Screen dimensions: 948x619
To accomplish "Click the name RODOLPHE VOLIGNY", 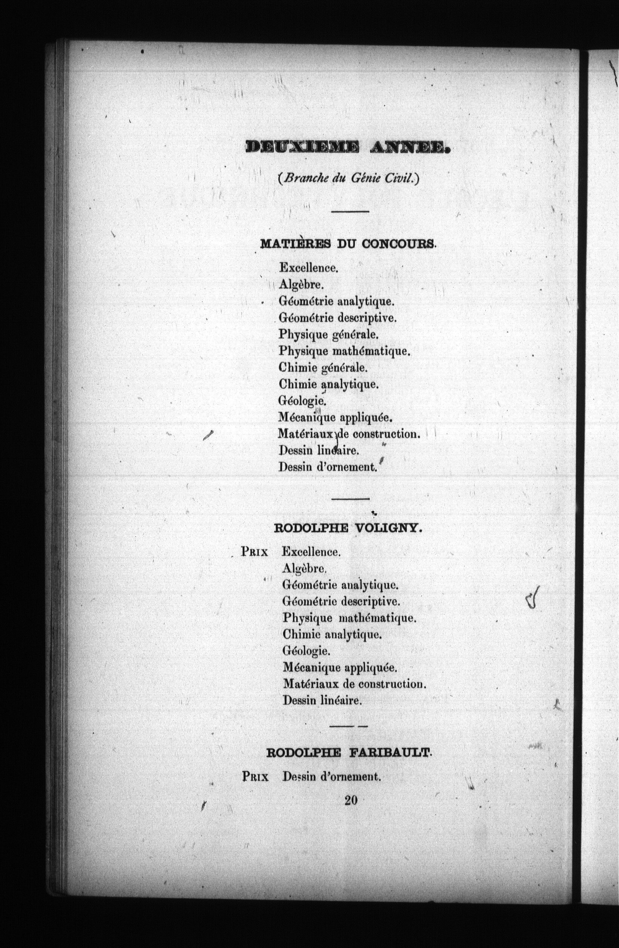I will pyautogui.click(x=348, y=529).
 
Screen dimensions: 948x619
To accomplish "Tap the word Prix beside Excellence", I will pyautogui.click(x=254, y=552).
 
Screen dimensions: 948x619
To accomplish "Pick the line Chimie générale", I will pyautogui.click(x=323, y=368).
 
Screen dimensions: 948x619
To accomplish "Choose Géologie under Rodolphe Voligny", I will pyautogui.click(x=306, y=651).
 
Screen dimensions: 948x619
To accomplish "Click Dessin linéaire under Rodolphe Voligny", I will pyautogui.click(x=322, y=700).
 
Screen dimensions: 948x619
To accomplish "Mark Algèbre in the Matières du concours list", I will pyautogui.click(x=301, y=285).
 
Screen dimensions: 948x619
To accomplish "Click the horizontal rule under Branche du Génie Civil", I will pyautogui.click(x=350, y=211).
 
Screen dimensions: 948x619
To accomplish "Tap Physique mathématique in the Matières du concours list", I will pyautogui.click(x=344, y=351).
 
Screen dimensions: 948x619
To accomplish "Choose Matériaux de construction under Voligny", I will pyautogui.click(x=354, y=684).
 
